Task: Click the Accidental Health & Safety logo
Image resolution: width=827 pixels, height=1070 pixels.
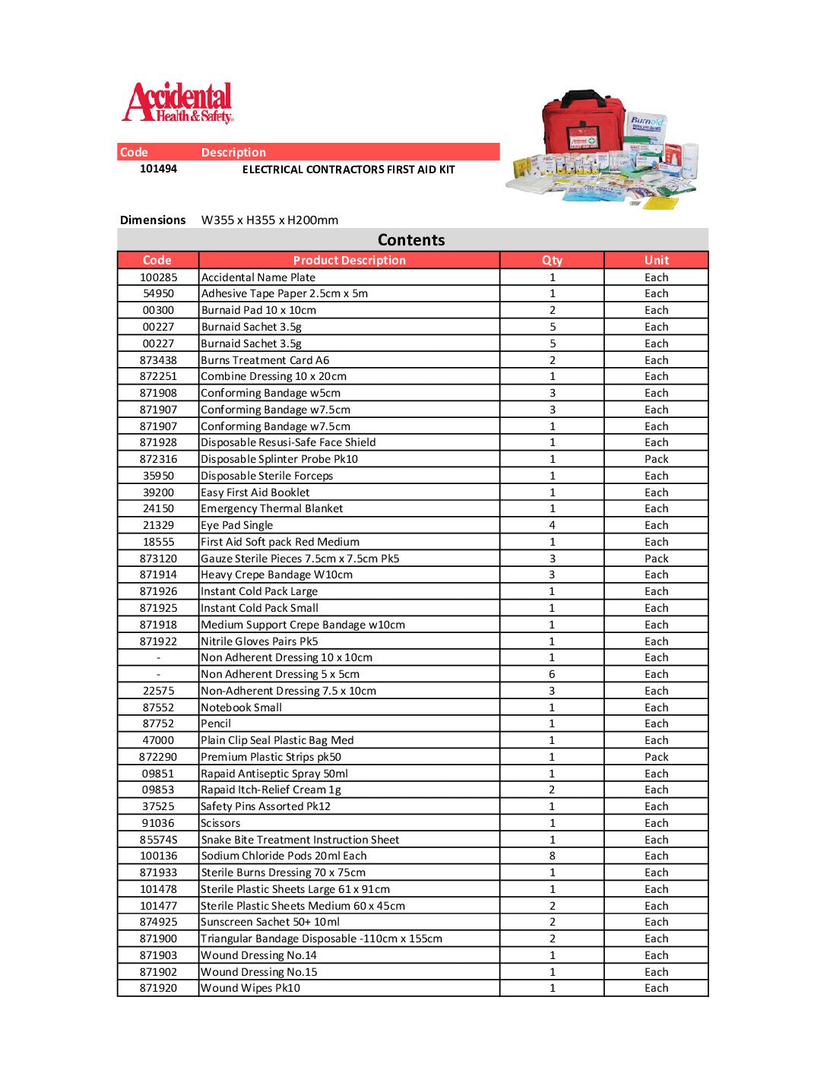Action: point(178,103)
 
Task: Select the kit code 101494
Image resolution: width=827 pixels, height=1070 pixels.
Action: point(158,169)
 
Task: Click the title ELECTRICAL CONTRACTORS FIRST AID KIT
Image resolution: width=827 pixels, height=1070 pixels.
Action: point(348,169)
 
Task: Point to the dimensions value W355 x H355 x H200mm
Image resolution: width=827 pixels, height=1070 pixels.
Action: point(270,220)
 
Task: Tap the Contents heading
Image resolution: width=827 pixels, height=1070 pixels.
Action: point(411,240)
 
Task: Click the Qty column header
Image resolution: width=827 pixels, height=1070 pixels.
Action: point(552,260)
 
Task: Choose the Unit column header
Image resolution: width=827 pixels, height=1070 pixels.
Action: point(656,260)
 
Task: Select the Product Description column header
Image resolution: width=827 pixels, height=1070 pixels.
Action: point(349,260)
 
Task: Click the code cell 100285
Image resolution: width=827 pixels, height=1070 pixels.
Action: point(158,277)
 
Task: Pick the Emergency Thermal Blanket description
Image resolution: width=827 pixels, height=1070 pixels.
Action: point(272,508)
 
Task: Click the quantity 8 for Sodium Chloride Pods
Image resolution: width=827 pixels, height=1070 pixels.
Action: point(552,856)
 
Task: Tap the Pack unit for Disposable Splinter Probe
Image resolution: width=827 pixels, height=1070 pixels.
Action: point(656,459)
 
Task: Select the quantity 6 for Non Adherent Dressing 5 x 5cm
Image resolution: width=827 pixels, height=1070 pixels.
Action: point(552,674)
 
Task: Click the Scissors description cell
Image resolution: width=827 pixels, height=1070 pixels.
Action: point(220,823)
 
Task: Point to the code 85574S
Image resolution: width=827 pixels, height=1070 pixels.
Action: point(158,840)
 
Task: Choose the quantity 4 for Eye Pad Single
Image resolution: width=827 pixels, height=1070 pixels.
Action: point(552,525)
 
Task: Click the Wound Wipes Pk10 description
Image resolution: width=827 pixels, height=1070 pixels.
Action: point(250,988)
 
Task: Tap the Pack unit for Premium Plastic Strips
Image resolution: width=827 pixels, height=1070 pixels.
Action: point(656,757)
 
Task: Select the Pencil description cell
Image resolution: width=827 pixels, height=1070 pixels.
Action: point(216,723)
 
